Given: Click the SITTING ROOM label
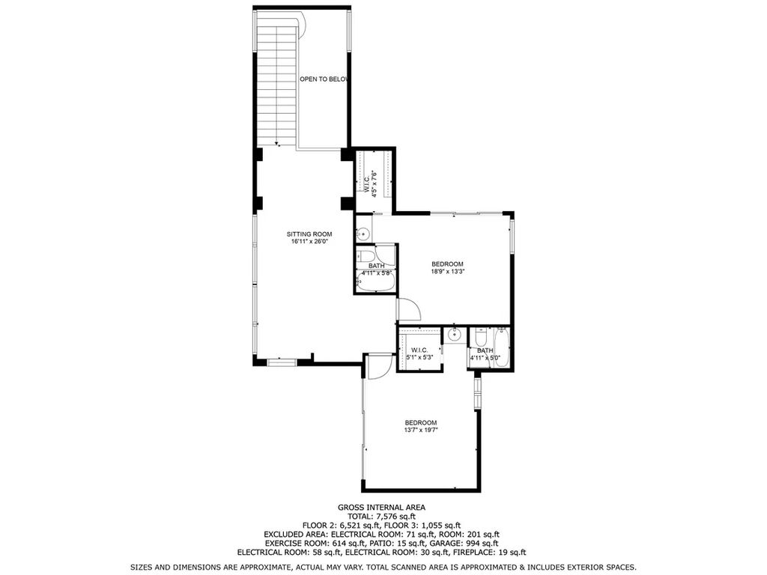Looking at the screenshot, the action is [309, 234].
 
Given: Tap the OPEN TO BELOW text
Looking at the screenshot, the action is [324, 79].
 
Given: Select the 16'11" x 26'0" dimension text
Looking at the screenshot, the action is [309, 242].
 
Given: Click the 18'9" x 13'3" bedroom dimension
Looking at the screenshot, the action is [447, 271].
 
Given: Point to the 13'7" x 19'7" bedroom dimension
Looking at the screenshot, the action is [420, 431].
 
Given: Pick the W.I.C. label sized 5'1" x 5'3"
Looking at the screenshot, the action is [419, 350].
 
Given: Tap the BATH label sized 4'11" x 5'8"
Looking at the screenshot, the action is [376, 266].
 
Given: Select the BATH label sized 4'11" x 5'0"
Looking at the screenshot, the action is [485, 350].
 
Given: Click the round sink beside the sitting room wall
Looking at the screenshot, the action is [363, 234].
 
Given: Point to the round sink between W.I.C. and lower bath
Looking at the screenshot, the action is [455, 335].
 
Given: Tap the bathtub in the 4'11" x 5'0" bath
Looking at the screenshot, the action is [503, 347].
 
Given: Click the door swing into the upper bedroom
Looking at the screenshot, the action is [408, 309].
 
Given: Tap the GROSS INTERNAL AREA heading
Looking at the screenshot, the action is [381, 508].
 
